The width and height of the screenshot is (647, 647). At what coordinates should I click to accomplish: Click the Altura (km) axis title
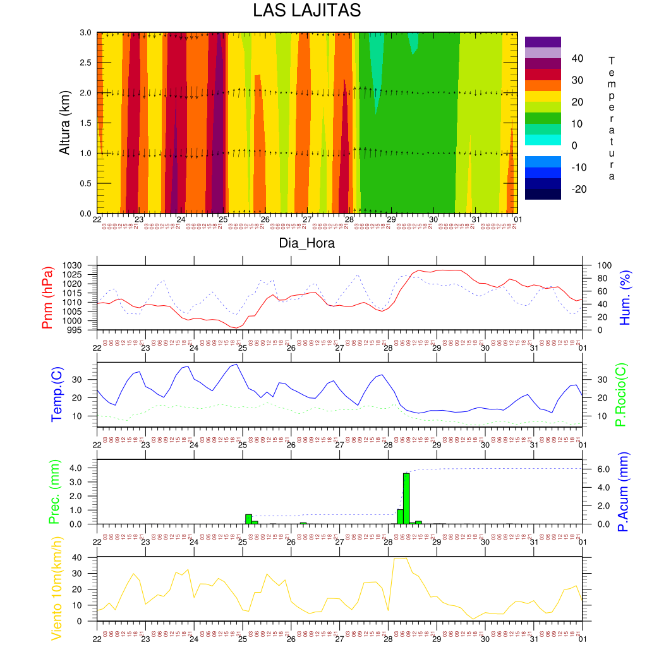tap(64, 123)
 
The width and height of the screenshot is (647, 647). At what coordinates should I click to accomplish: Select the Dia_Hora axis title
tap(307, 243)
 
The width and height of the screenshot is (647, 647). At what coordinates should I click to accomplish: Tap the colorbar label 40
tap(577, 59)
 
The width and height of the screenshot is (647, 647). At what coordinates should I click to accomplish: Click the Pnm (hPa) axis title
tap(47, 298)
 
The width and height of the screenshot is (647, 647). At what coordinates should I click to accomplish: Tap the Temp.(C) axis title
tap(57, 395)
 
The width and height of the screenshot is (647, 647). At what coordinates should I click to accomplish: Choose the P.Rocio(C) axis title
tap(621, 395)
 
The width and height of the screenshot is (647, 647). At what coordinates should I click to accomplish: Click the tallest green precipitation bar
tap(406, 498)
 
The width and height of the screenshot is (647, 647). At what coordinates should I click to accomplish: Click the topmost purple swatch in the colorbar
tap(543, 42)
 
